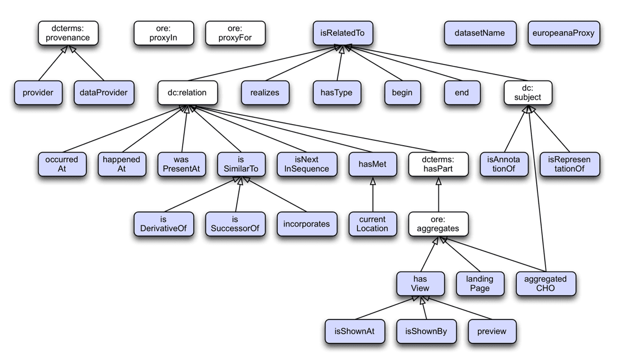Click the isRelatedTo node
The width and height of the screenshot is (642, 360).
342,33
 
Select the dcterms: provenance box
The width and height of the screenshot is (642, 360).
67,33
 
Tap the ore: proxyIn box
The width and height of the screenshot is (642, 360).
163,33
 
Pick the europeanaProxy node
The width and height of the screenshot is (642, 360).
562,33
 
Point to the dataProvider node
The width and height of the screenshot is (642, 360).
104,92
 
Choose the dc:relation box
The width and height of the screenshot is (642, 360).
187,92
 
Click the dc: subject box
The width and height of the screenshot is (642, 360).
527,92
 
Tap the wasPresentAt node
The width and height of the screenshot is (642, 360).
181,164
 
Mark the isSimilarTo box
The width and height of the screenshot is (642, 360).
241,164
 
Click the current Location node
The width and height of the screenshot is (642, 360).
372,224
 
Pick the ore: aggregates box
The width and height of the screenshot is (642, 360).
438,224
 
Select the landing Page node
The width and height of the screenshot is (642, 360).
479,283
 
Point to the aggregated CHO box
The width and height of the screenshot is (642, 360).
545,283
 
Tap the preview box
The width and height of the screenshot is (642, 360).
492,331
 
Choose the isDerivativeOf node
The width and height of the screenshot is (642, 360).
163,224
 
